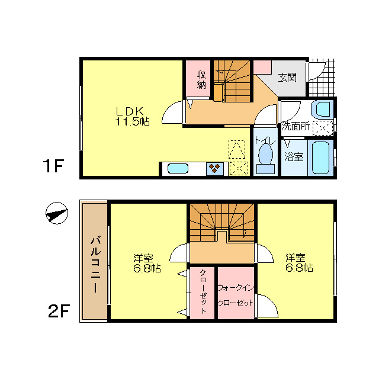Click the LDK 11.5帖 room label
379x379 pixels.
(x=131, y=116)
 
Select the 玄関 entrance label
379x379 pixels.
(x=287, y=78)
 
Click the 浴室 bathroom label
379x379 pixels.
(x=294, y=157)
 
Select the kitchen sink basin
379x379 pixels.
(x=178, y=169)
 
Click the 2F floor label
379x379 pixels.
(x=59, y=311)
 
